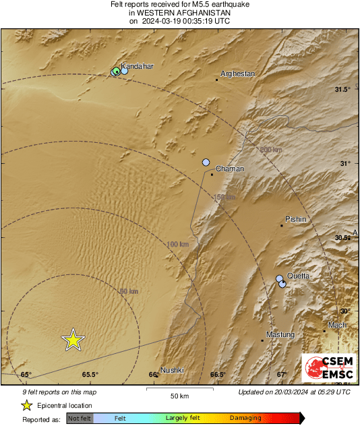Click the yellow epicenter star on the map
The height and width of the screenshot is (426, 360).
[x=73, y=340]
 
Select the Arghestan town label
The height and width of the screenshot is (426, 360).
[x=239, y=74]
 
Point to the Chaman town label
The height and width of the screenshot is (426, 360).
[x=230, y=169]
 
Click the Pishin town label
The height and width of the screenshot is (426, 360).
[x=295, y=219]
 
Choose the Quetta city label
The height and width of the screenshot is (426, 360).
[x=299, y=276]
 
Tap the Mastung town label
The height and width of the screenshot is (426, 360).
[x=280, y=335]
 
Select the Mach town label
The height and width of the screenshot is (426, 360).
[x=337, y=325]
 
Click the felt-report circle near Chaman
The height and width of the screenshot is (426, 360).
[x=206, y=162]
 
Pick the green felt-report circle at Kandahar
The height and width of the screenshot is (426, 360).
[x=116, y=71]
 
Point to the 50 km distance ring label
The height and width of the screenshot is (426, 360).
[x=129, y=291]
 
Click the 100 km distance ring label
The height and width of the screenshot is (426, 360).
[x=177, y=244]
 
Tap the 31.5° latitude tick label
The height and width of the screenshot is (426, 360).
[x=344, y=90]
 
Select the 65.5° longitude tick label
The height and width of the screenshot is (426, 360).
[x=90, y=375]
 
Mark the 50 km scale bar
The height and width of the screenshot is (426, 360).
[x=179, y=389]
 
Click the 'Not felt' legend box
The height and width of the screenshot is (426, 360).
[x=80, y=419]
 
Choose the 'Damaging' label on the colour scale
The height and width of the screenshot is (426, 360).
[x=245, y=419]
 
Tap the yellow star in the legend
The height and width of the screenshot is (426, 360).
[x=26, y=405]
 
